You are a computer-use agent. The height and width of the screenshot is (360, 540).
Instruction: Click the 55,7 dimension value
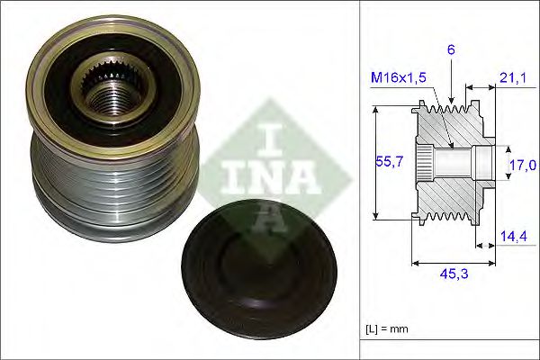coord(387,163)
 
